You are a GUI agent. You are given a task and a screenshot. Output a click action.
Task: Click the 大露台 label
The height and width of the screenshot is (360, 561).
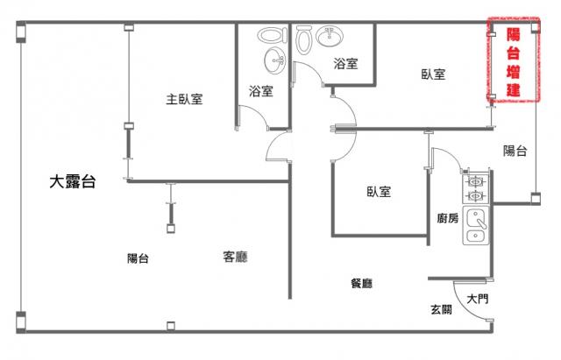pyautogui.click(x=72, y=183)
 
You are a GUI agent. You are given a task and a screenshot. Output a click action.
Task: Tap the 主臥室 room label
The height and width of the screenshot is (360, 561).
pyautogui.click(x=184, y=99)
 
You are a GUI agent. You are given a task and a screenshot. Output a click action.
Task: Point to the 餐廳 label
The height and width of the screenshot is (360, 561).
pyautogui.click(x=362, y=283)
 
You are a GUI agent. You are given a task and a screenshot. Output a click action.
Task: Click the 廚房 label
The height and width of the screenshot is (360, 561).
pyautogui.click(x=447, y=218)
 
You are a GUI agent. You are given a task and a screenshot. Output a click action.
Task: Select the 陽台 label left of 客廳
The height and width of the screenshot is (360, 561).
pyautogui.click(x=138, y=258)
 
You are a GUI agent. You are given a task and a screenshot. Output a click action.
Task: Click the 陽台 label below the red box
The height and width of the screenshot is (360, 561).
pyautogui.click(x=515, y=151)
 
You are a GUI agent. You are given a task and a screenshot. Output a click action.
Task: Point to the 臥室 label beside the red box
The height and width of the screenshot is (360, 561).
pyautogui.click(x=433, y=75)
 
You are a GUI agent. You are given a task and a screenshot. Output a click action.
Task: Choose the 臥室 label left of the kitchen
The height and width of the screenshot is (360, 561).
pyautogui.click(x=379, y=192)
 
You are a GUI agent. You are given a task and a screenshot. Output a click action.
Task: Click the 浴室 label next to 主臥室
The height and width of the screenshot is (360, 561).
pyautogui.click(x=260, y=90)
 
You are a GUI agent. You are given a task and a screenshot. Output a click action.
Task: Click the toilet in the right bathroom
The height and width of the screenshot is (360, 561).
pyautogui.click(x=304, y=39)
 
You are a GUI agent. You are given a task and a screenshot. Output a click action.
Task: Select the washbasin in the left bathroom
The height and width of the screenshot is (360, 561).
pyautogui.click(x=275, y=61)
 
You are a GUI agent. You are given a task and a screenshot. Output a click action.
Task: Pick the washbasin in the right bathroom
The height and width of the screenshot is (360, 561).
pyautogui.click(x=330, y=36)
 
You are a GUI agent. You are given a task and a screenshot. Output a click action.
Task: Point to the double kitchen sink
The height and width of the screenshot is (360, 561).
pyautogui.click(x=476, y=226)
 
